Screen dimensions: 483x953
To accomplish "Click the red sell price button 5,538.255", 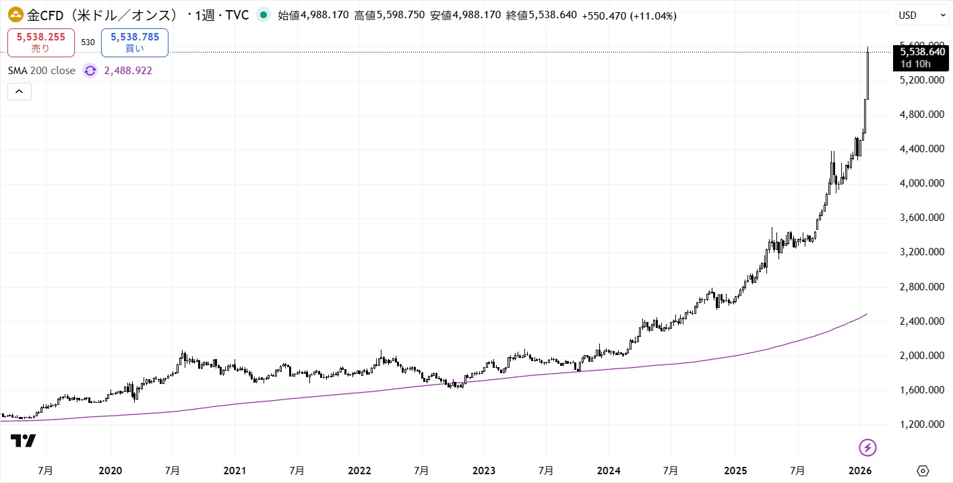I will (40, 42).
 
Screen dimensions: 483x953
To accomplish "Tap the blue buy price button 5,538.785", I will (135, 42).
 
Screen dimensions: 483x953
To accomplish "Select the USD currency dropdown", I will (922, 15).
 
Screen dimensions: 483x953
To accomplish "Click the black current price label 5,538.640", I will (923, 51).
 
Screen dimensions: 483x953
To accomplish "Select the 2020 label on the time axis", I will (110, 470).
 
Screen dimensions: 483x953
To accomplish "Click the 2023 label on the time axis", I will (484, 470).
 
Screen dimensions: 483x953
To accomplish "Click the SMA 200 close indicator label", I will (42, 70).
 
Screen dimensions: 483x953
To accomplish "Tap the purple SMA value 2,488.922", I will (128, 70).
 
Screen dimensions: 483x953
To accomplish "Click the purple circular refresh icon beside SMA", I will (90, 70).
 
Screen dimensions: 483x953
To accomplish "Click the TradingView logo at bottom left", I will (23, 441).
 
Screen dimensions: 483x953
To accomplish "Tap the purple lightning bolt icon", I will (867, 447).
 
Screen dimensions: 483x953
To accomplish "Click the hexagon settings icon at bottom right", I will (923, 470).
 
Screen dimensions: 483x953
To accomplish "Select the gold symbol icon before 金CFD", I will (15, 14).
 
